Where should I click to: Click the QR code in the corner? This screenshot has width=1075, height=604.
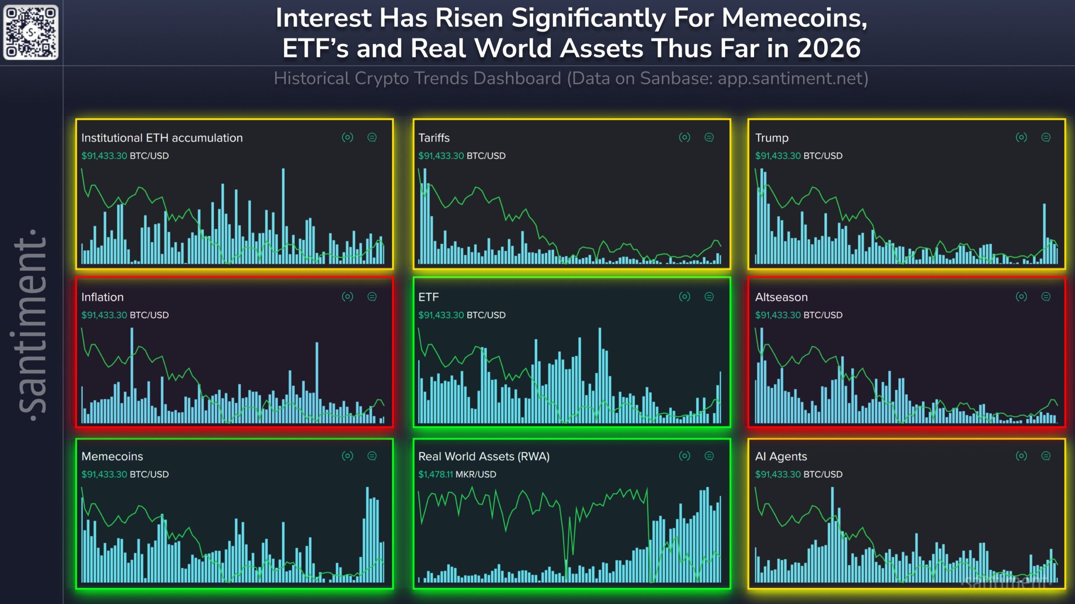(31, 32)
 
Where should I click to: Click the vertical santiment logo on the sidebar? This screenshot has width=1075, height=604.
(31, 326)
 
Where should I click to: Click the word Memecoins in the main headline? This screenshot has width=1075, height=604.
(794, 18)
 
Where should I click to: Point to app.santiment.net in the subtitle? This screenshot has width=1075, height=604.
(789, 79)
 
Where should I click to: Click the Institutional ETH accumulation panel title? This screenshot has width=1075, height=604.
(162, 138)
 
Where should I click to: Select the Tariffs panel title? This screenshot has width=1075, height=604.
(434, 138)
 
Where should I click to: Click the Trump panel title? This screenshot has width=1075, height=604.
(771, 138)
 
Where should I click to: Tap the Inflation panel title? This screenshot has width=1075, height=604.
(102, 297)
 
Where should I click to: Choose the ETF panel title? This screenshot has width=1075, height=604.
(428, 297)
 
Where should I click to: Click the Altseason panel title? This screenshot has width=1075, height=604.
(781, 297)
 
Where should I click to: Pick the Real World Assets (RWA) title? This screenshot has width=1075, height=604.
(484, 456)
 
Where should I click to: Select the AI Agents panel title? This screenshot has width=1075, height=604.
(781, 456)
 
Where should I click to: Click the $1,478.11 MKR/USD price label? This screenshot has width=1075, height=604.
(457, 474)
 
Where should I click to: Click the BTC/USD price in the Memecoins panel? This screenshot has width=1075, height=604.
(125, 474)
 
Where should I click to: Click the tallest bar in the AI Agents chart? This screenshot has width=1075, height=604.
(832, 533)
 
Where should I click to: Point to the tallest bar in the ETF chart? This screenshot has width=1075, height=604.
(600, 374)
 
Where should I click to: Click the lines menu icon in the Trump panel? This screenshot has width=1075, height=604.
(1046, 137)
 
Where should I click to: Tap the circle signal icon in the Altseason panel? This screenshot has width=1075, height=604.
(1021, 297)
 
